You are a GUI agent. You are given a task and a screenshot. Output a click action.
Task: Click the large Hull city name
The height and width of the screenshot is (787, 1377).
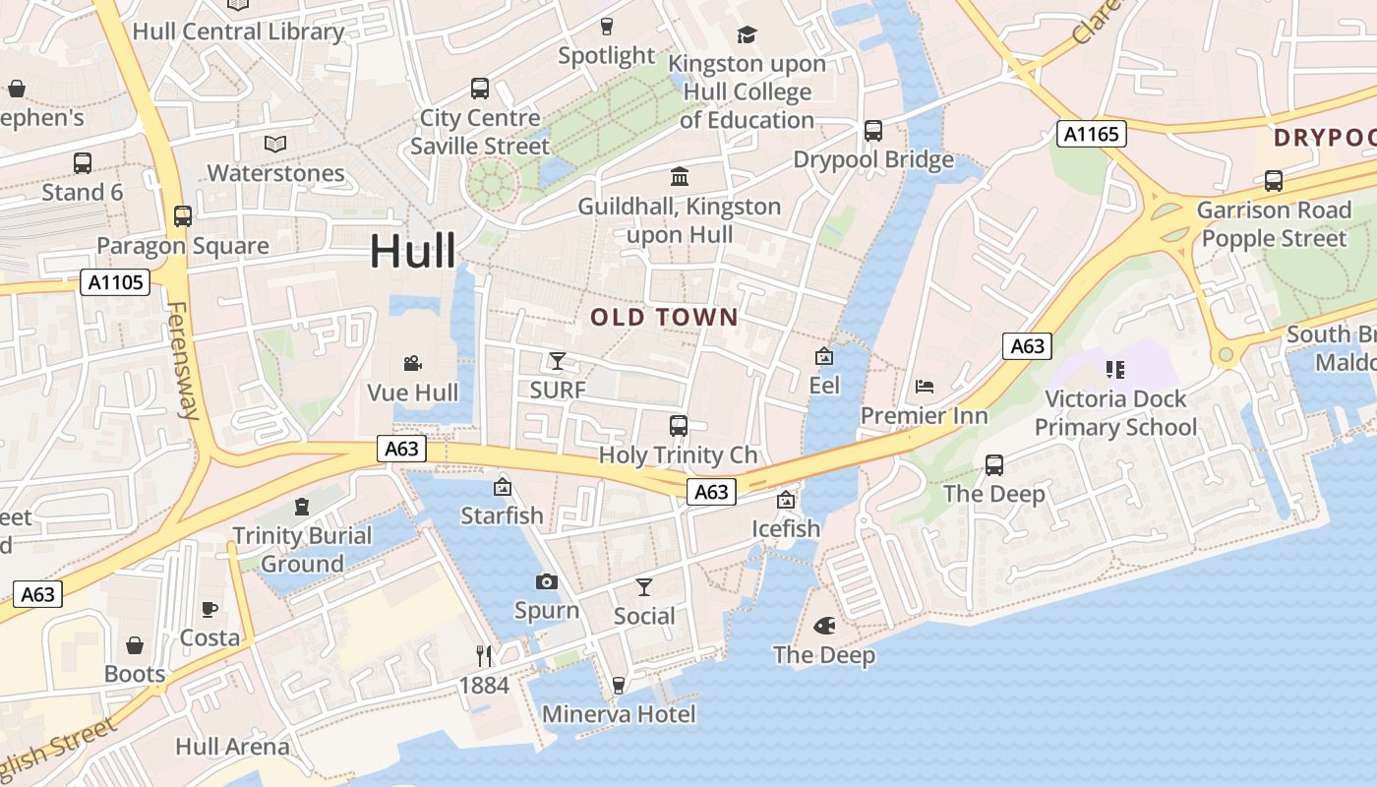pyautogui.click(x=413, y=252)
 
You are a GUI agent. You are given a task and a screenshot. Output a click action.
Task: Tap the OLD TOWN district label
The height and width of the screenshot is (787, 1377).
pyautogui.click(x=664, y=317)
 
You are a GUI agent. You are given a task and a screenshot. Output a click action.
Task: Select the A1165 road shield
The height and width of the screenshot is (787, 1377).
pyautogui.click(x=1091, y=134)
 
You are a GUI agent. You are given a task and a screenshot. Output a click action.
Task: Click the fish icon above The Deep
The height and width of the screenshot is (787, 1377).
pyautogui.click(x=824, y=626)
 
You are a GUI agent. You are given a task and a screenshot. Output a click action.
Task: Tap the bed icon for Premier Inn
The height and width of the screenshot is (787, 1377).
pyautogui.click(x=924, y=387)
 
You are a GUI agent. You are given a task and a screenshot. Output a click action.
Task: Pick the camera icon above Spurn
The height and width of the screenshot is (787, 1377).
pyautogui.click(x=547, y=581)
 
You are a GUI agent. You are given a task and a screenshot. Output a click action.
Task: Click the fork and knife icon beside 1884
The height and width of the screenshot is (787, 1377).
pyautogui.click(x=484, y=656)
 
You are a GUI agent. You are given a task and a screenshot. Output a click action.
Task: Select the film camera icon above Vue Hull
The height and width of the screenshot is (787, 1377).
pyautogui.click(x=413, y=364)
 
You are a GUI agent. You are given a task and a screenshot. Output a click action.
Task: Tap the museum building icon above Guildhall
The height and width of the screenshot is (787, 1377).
pyautogui.click(x=679, y=177)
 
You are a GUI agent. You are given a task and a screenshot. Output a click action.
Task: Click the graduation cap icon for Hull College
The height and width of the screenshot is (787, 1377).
pyautogui.click(x=748, y=35)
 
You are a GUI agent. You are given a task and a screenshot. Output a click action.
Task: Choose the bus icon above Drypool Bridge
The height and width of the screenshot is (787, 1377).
pyautogui.click(x=872, y=131)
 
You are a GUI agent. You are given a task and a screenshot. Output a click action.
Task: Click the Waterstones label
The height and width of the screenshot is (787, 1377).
pyautogui.click(x=275, y=173)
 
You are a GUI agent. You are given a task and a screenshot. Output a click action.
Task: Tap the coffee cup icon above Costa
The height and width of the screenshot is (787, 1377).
pyautogui.click(x=210, y=610)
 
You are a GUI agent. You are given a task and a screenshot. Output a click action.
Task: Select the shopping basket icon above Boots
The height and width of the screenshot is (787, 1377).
pyautogui.click(x=135, y=645)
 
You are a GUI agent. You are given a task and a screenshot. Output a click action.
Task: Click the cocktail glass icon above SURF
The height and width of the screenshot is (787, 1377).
pyautogui.click(x=558, y=361)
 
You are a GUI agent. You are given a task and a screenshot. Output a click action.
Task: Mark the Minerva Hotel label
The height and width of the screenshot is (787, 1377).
pyautogui.click(x=619, y=714)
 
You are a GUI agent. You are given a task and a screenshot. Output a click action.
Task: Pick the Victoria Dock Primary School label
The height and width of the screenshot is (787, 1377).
pyautogui.click(x=1115, y=413)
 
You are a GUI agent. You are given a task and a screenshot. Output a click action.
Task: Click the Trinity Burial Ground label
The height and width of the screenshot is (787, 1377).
pyautogui.click(x=302, y=550)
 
